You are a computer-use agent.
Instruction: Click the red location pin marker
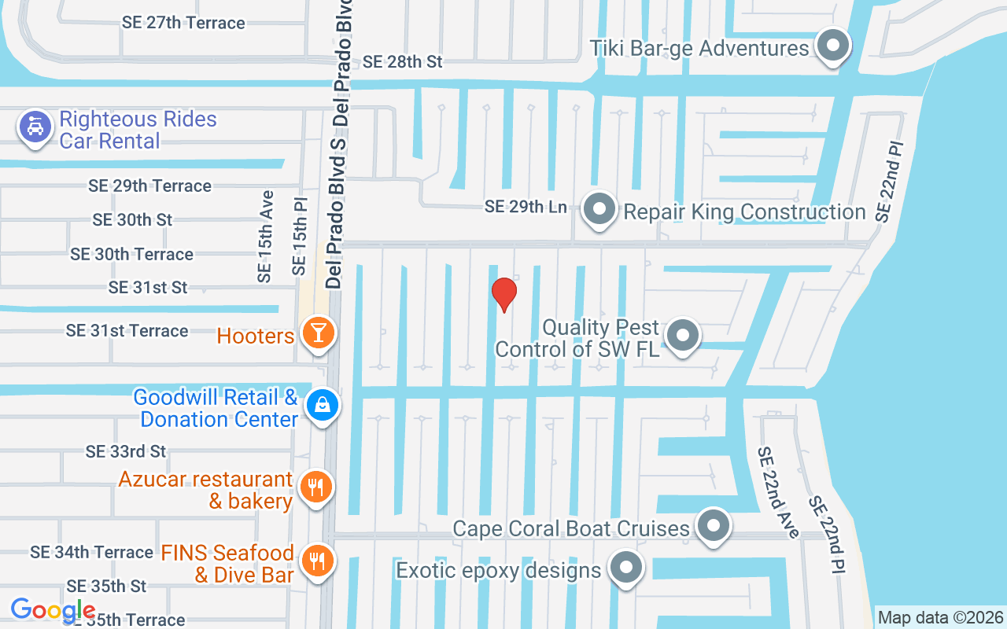pyautogui.click(x=503, y=294)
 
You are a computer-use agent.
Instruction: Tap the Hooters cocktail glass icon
pyautogui.click(x=318, y=333)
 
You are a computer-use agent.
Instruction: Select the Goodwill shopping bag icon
pyautogui.click(x=323, y=406)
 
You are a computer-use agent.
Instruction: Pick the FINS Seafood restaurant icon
pyautogui.click(x=317, y=561)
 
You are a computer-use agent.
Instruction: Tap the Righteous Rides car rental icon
pyautogui.click(x=35, y=127)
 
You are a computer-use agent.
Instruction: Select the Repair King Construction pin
pyautogui.click(x=600, y=210)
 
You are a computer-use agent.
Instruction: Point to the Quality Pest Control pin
pyautogui.click(x=682, y=336)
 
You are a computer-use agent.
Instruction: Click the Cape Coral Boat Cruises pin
pyautogui.click(x=714, y=524)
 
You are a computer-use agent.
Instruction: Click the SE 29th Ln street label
pyautogui.click(x=526, y=207)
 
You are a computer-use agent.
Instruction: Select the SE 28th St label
pyautogui.click(x=404, y=61)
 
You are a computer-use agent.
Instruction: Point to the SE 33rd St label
pyautogui.click(x=126, y=451)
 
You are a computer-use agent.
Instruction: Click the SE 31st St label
pyautogui.click(x=148, y=288)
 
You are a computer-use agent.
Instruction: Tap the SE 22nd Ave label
pyautogui.click(x=777, y=492)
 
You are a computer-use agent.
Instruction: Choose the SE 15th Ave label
pyautogui.click(x=265, y=236)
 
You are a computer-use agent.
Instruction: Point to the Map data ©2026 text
pyautogui.click(x=940, y=617)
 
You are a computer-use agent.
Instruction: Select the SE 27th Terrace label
pyautogui.click(x=183, y=23)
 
